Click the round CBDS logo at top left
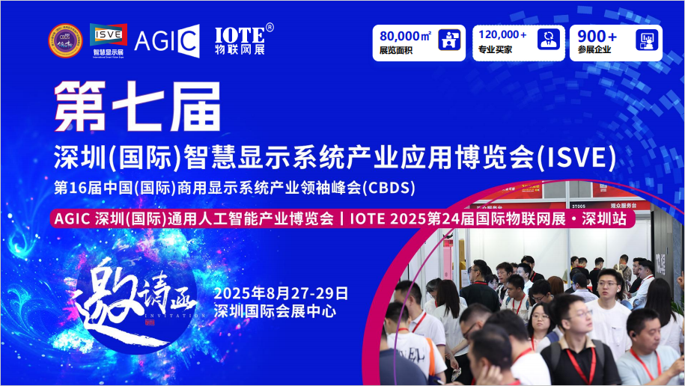coord(66,40)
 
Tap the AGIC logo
coord(166,41)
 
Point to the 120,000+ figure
coord(502,35)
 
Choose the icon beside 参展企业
coord(646,41)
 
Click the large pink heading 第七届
coord(137,106)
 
